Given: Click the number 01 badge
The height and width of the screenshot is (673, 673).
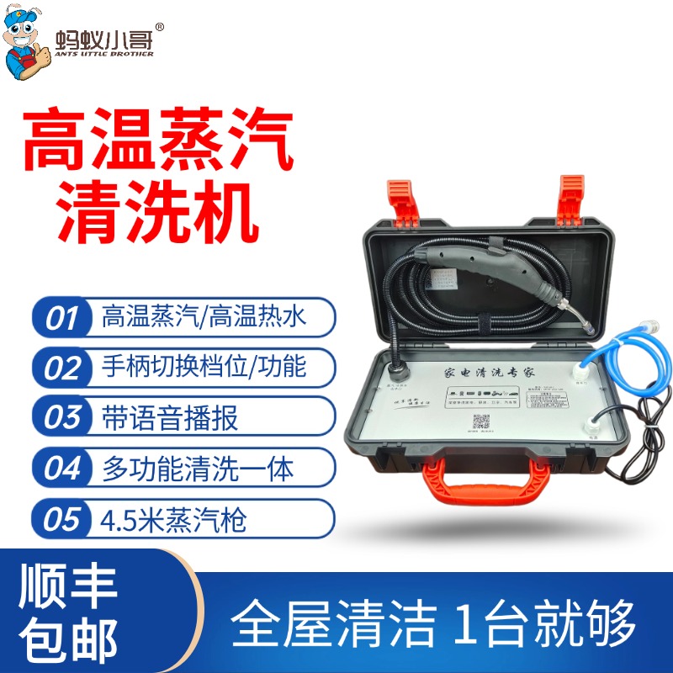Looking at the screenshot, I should point(62,319).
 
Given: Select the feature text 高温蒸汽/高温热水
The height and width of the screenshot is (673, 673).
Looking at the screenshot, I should point(204,318).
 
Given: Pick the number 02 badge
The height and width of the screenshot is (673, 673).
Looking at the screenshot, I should point(62,368).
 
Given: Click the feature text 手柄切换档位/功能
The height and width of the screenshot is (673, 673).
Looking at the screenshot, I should point(204,368).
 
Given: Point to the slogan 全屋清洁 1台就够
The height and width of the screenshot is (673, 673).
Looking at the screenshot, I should point(432,623).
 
